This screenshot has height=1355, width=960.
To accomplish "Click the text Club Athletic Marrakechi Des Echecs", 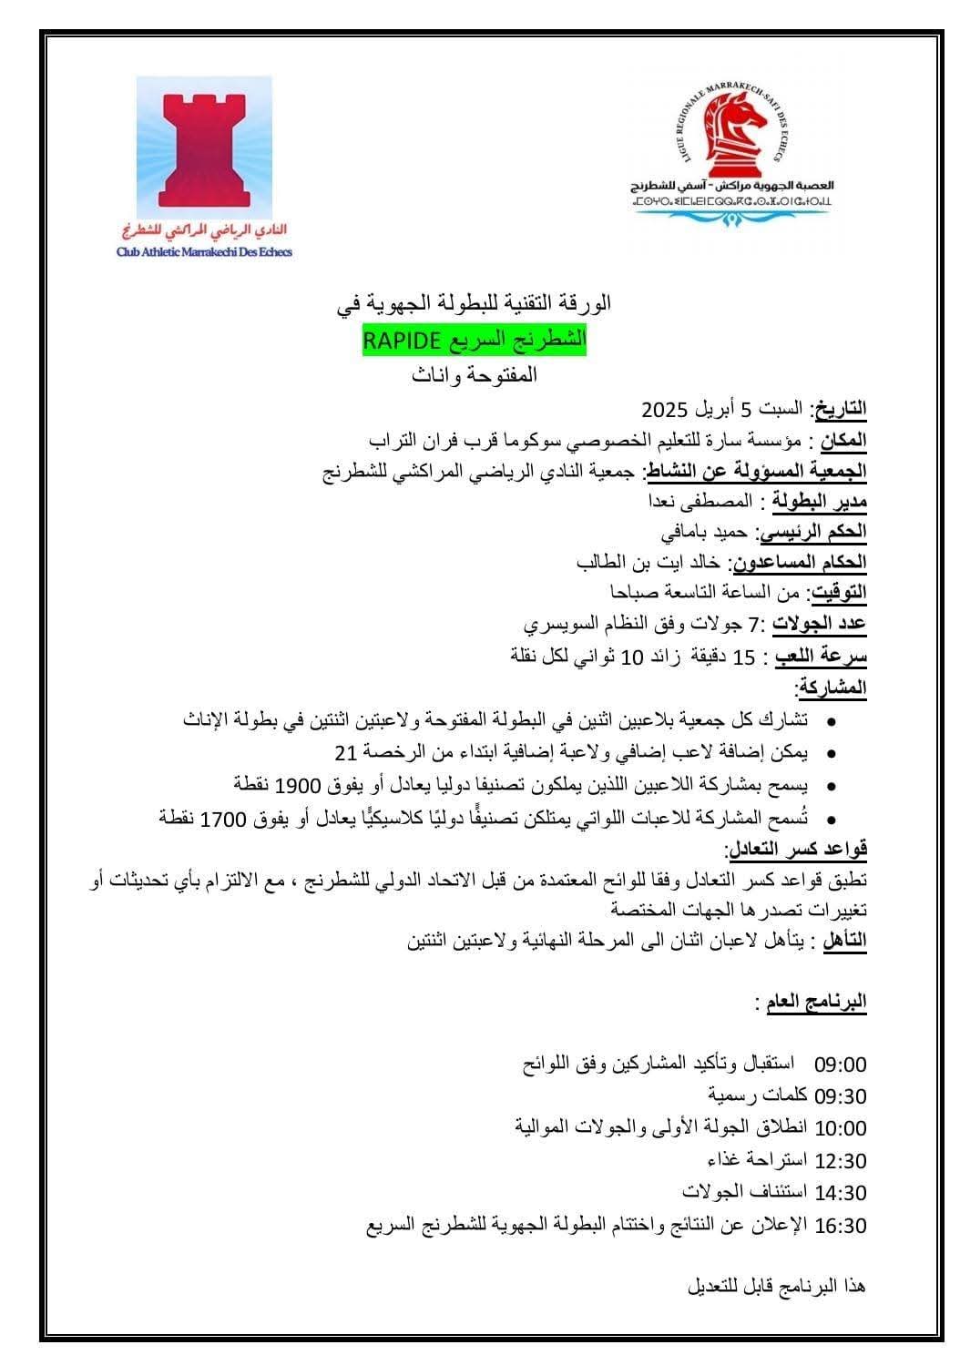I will click(x=204, y=252).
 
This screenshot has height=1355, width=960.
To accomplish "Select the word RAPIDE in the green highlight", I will click(x=402, y=340).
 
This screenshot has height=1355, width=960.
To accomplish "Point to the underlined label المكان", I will click(x=844, y=441).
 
